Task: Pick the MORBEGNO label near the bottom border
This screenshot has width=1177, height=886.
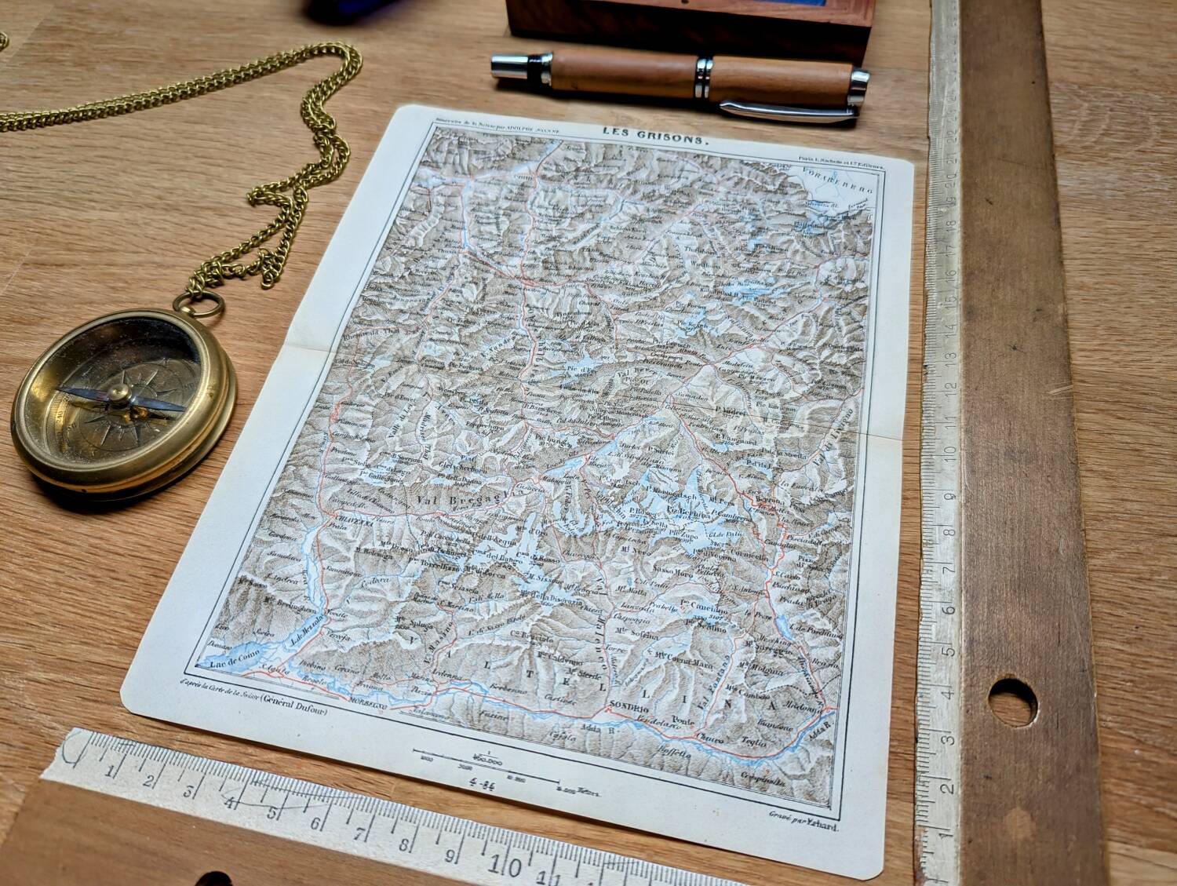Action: (369, 700)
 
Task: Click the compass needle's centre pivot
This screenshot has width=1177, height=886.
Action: (119, 395)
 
